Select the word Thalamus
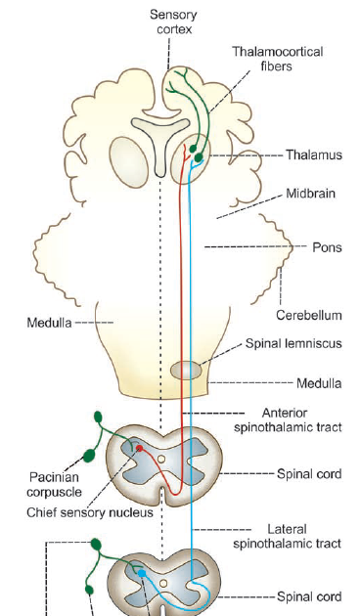coord(311,154)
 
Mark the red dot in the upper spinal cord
coord(139,449)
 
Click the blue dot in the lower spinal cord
coord(142,572)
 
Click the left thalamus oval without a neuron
coord(127,157)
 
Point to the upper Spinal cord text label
coord(310,473)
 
